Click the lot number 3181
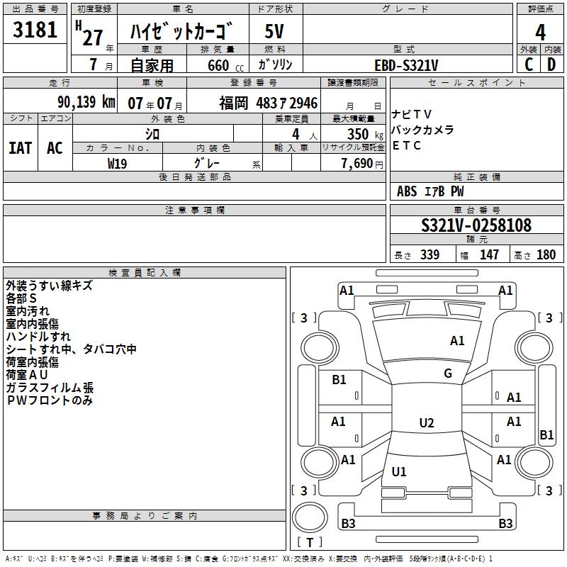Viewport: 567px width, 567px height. coord(36,30)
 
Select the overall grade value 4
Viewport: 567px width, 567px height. coord(540,33)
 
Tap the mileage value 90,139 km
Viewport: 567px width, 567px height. coord(86,102)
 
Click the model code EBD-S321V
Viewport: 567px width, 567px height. coord(406,65)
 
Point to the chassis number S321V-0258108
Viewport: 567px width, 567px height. coord(476,225)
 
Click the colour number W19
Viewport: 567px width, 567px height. coord(117,163)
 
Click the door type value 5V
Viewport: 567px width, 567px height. coord(275,32)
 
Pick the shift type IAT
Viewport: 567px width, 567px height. coord(20,148)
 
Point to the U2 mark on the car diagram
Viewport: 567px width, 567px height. coord(426,423)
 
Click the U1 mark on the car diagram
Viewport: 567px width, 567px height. coord(399,471)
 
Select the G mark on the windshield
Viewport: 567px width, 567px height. coord(447,374)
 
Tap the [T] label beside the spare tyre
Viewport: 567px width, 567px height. coord(309,542)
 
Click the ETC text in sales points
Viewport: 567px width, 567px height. coord(407,145)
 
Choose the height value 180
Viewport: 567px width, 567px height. coord(546,255)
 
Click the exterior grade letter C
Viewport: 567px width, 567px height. coord(529,64)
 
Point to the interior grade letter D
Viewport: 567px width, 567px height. coord(551,64)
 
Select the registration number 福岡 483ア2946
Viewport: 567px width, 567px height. coord(268,103)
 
